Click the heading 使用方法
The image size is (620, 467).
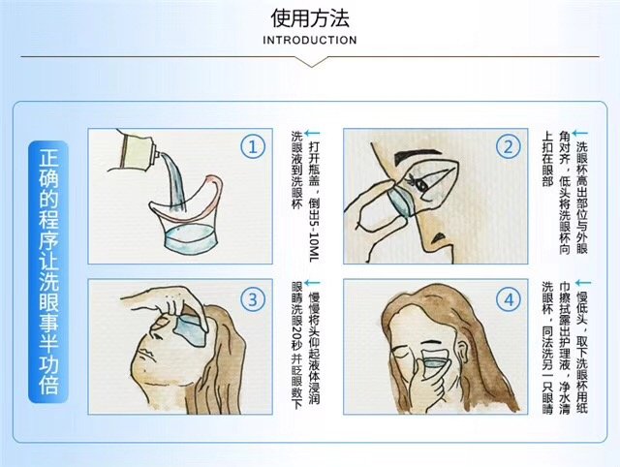point(310,18)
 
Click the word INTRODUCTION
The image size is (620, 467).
point(310,41)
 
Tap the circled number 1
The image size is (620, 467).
point(252,147)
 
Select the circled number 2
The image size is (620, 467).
point(508,147)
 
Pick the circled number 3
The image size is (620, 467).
point(252,299)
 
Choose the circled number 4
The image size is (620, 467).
point(508,299)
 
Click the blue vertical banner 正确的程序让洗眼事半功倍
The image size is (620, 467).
point(48,271)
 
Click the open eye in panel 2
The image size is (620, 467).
point(420,184)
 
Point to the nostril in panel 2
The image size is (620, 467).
point(438,237)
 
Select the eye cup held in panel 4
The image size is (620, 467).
point(436,363)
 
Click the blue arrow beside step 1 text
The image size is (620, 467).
point(312,134)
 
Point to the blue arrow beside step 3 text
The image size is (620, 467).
point(312,283)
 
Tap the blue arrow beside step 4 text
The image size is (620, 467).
point(583,283)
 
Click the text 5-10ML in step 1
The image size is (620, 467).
point(313,240)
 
